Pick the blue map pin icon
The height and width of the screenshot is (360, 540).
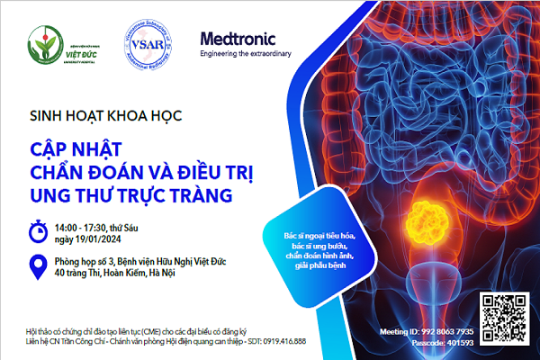pos(38,267)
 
